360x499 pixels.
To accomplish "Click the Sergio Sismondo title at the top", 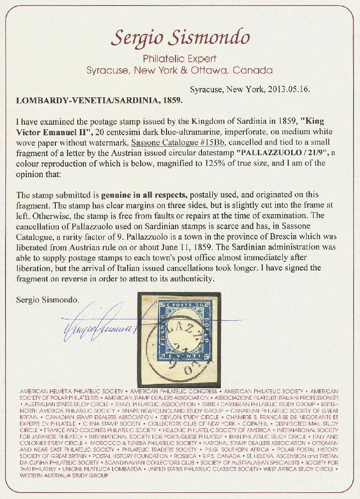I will tap(180, 35).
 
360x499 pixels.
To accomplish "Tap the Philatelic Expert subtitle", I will tap(180, 58).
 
